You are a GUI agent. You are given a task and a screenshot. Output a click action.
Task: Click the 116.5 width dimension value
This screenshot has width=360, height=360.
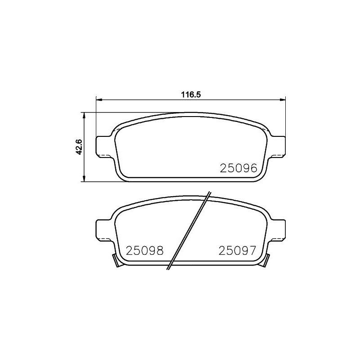pyautogui.click(x=190, y=95)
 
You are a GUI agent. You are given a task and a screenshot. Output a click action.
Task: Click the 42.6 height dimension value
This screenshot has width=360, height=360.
pyautogui.click(x=79, y=147)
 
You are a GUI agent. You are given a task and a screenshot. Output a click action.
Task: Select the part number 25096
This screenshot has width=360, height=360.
pyautogui.click(x=238, y=168)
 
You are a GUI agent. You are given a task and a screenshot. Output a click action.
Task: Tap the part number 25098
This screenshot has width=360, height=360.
pyautogui.click(x=144, y=250)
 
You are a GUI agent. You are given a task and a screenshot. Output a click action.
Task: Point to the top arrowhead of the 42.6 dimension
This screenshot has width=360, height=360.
pyautogui.click(x=84, y=115)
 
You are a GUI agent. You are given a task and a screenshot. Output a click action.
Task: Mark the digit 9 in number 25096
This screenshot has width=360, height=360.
pyautogui.click(x=245, y=168)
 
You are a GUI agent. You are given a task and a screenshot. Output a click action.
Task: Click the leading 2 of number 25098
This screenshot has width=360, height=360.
pyautogui.click(x=130, y=250)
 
